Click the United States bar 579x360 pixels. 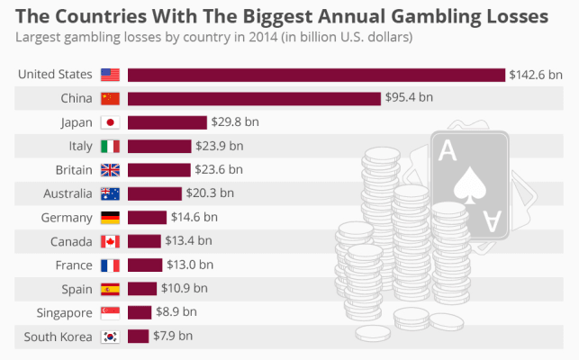pos(315,75)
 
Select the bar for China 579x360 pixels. pos(254,98)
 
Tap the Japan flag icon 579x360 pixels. pos(110,122)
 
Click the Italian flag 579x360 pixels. pos(110,146)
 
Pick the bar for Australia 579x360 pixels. pos(154,193)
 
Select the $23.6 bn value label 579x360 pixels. pos(222,169)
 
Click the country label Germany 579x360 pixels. pos(67,217)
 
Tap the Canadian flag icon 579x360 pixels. pos(110,241)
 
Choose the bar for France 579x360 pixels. pos(144,265)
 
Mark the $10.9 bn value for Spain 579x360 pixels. pos(185,289)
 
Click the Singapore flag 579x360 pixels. pos(110,312)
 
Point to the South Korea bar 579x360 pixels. pos(138,337)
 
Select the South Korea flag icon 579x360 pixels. pos(110,337)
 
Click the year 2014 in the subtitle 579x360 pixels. pos(273,38)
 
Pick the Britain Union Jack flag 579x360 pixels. pos(110,170)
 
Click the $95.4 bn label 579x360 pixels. pos(410,98)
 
